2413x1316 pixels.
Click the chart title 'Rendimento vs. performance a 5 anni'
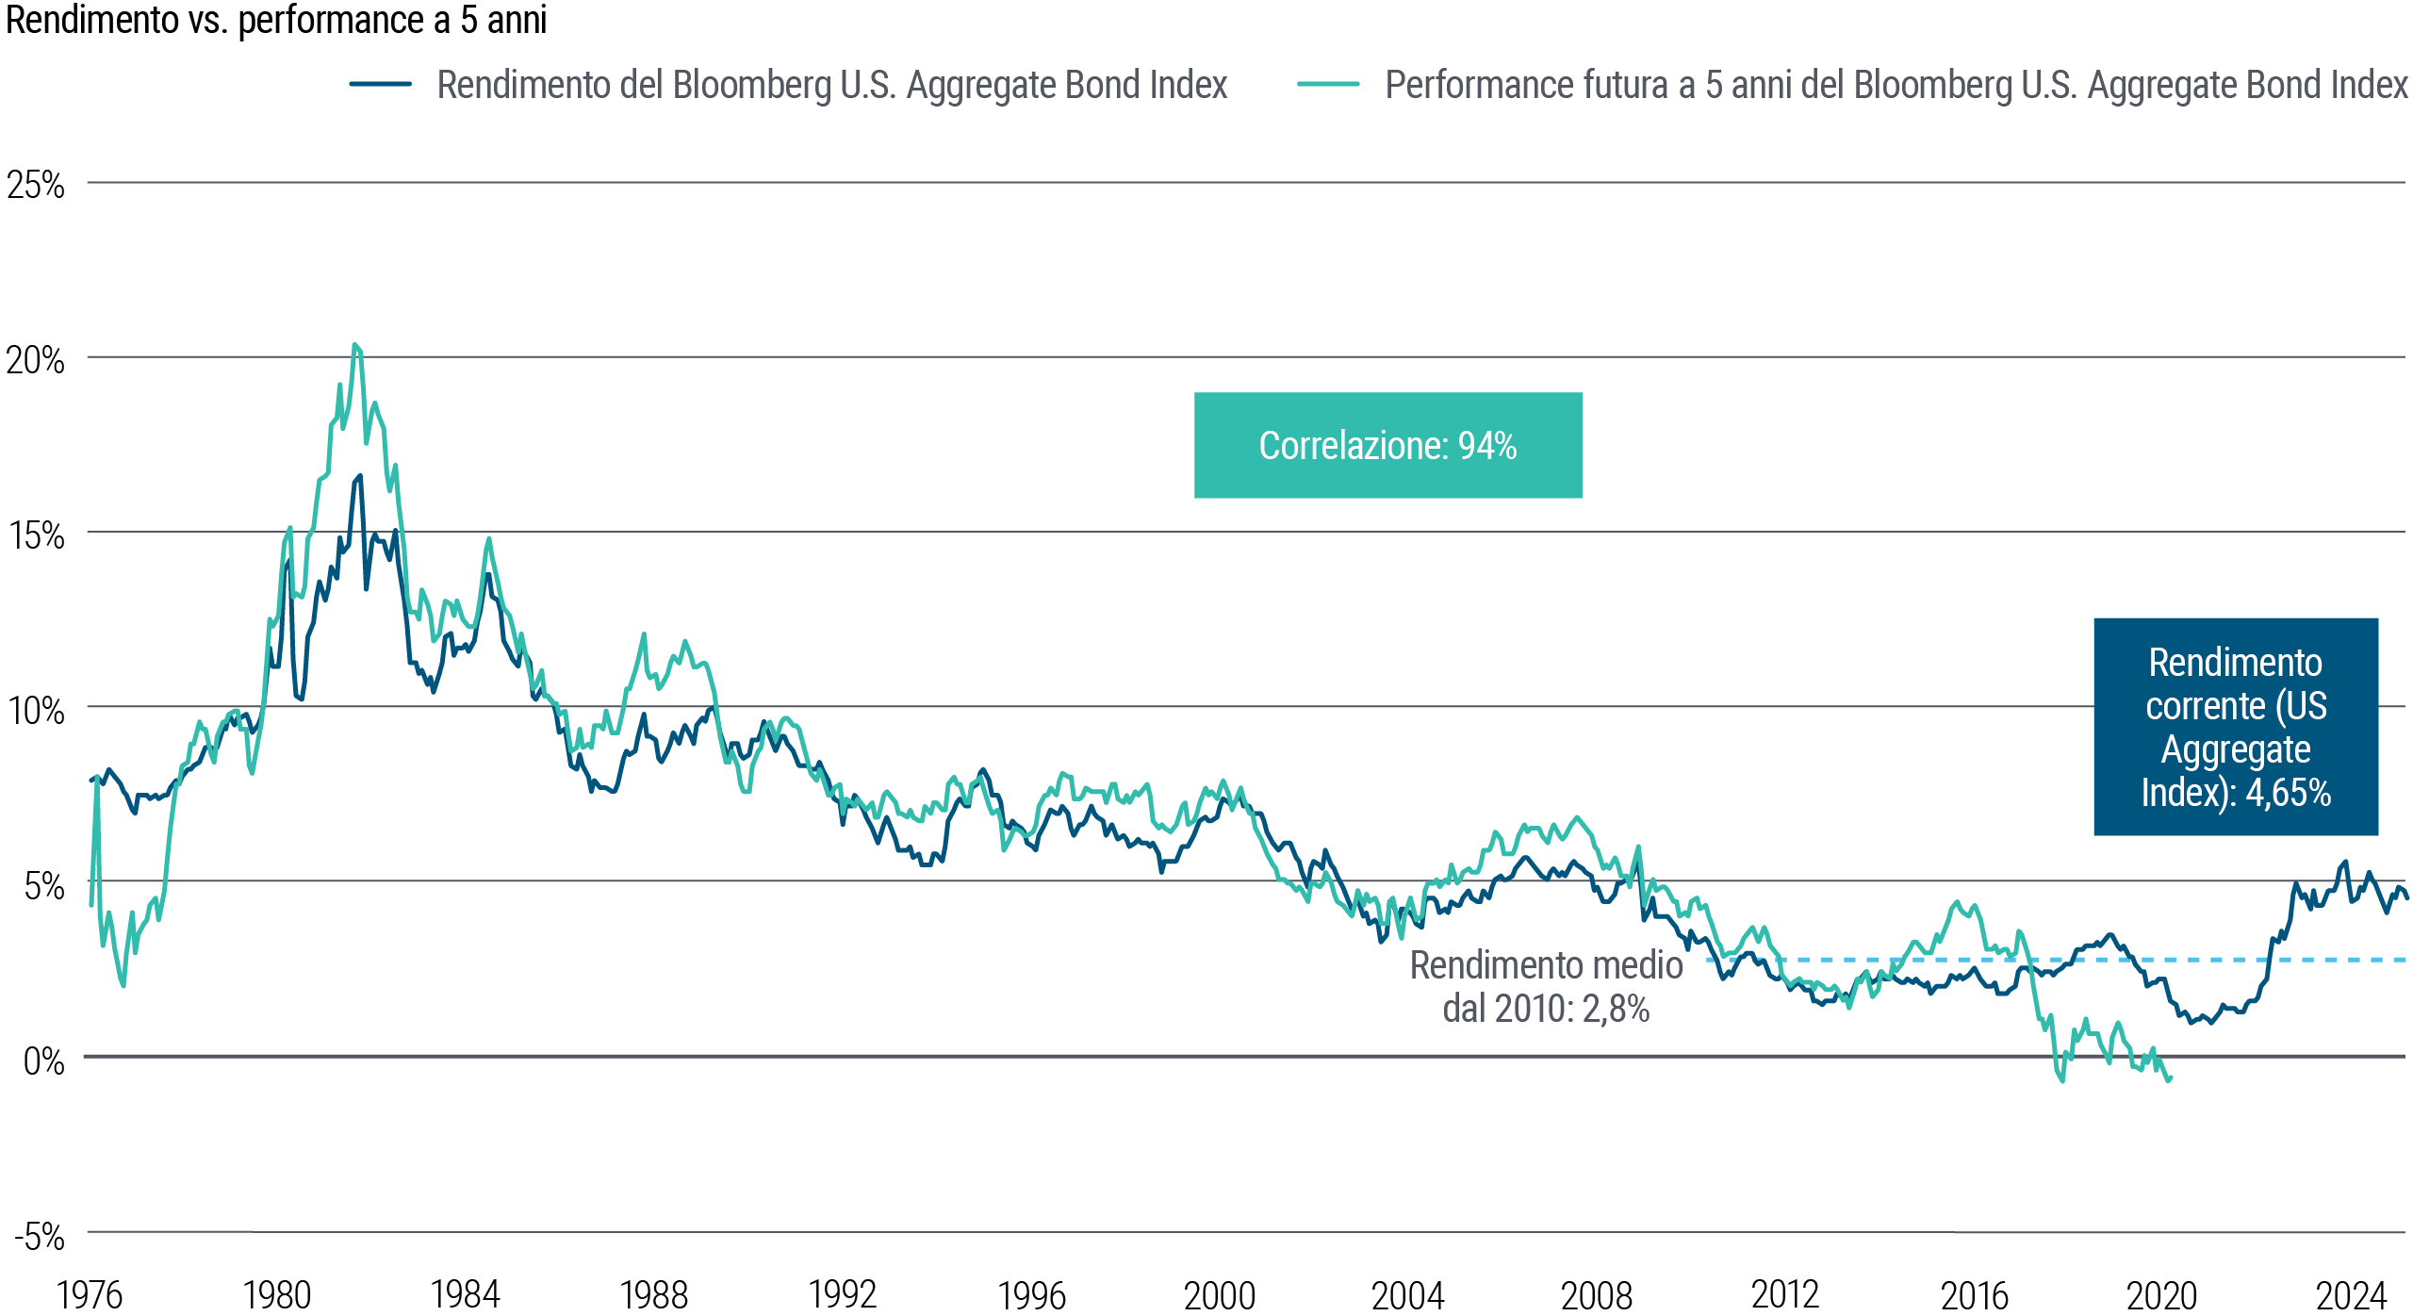click(275, 21)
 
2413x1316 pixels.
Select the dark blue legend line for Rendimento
click(380, 84)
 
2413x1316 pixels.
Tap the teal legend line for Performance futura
click(1328, 84)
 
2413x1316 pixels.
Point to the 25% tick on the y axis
click(36, 185)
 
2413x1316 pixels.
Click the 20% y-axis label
click(36, 360)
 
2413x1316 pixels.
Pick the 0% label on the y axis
click(43, 1061)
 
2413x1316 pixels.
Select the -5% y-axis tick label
click(40, 1236)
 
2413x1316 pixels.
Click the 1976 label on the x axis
click(90, 1295)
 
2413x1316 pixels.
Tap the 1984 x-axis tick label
click(465, 1295)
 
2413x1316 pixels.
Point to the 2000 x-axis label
click(1220, 1295)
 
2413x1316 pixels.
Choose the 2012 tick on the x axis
click(1784, 1295)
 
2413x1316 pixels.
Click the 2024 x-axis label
click(2351, 1295)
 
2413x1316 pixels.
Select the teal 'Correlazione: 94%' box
click(1387, 446)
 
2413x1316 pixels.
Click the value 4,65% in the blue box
click(2288, 793)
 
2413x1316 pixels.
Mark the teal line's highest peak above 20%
click(354, 345)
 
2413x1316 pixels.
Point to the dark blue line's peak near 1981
click(360, 476)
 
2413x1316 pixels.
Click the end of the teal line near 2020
click(2170, 1079)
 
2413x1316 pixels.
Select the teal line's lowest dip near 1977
click(123, 985)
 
